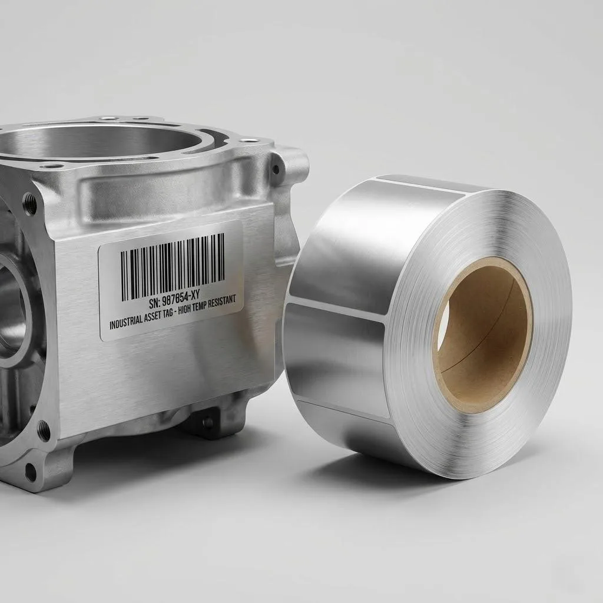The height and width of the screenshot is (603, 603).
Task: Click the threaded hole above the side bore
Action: click(x=29, y=204)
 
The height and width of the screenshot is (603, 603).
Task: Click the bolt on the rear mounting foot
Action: click(x=207, y=422)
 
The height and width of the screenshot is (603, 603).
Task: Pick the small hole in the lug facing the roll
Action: click(x=276, y=168)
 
